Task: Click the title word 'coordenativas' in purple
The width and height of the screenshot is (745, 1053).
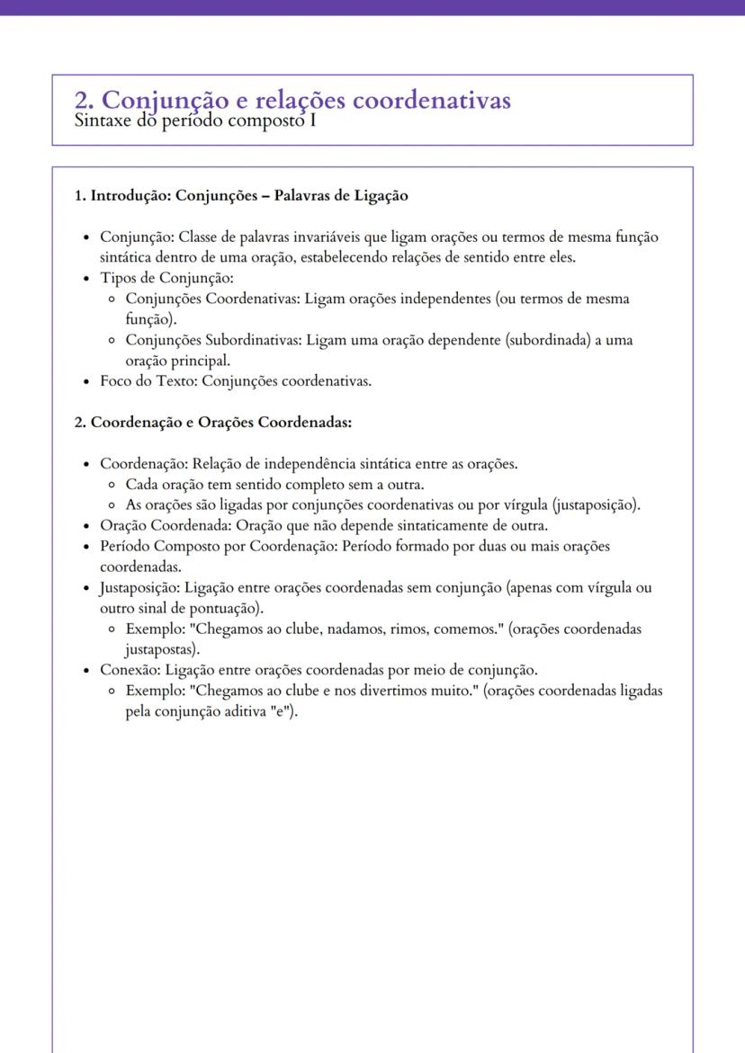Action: tap(431, 101)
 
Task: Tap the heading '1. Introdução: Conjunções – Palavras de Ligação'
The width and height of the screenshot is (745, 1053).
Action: tap(241, 195)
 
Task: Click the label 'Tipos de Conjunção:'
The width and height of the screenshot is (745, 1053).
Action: tap(154, 278)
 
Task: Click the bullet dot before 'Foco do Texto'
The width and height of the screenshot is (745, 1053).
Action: tap(85, 381)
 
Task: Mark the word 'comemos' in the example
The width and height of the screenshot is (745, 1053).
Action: tap(470, 629)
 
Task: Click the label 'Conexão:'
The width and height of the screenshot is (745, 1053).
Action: tap(130, 670)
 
